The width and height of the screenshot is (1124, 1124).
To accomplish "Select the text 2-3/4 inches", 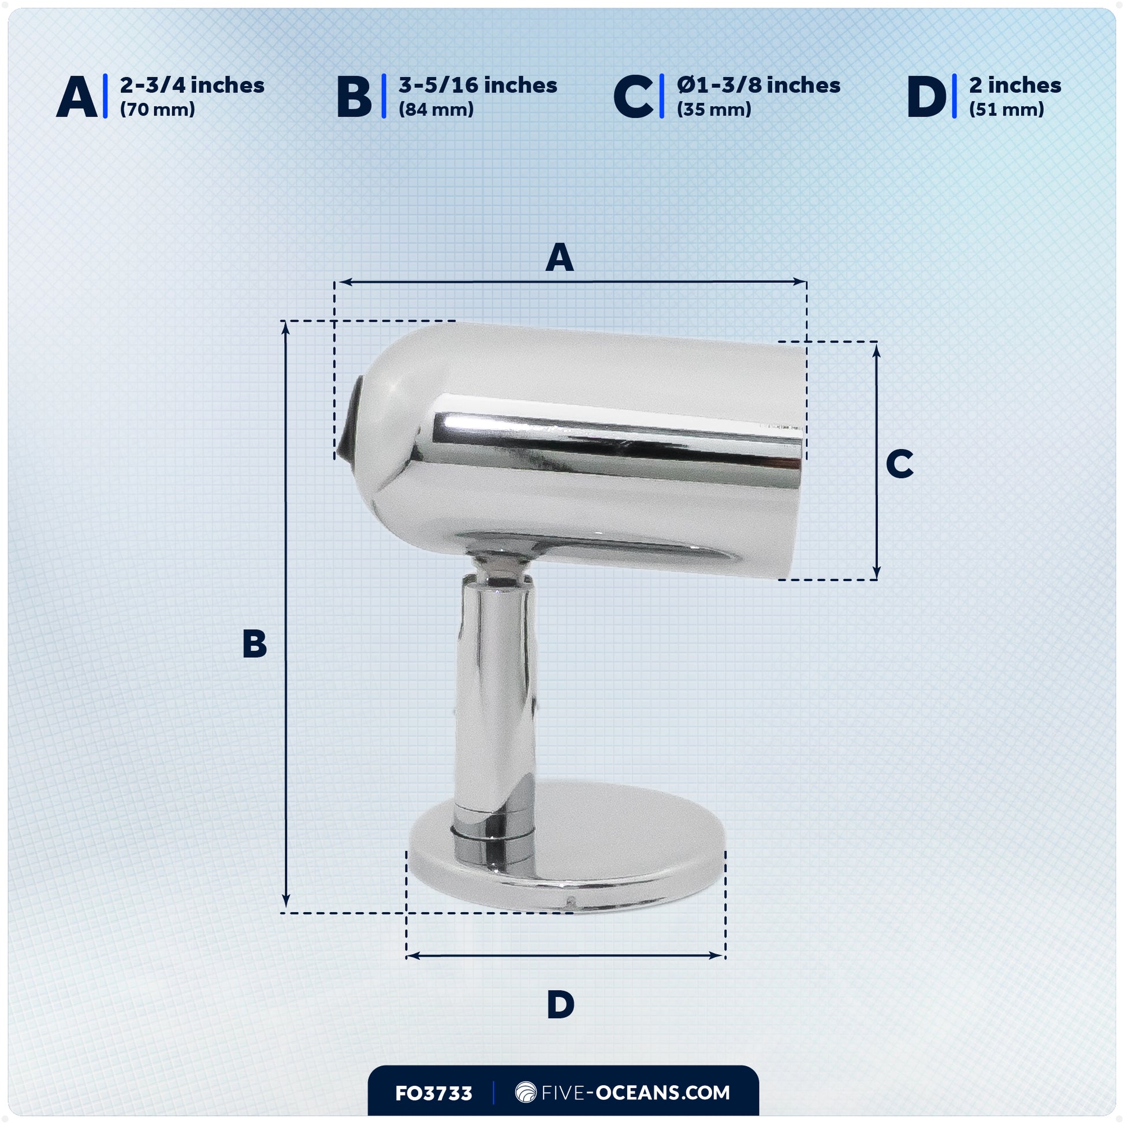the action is tap(192, 85).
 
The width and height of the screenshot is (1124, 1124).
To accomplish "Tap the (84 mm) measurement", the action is tap(436, 109).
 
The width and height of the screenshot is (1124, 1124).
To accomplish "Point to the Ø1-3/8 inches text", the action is tap(758, 85).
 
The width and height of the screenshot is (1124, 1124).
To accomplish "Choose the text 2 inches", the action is tap(1015, 85).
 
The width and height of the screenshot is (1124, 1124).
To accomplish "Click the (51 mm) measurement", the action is tap(1007, 109).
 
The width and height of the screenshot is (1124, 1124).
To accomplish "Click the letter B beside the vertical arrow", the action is tap(254, 644).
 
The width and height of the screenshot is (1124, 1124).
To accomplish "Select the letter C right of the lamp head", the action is tap(899, 464).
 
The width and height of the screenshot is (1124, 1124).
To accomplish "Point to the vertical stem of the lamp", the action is tap(496, 698).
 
